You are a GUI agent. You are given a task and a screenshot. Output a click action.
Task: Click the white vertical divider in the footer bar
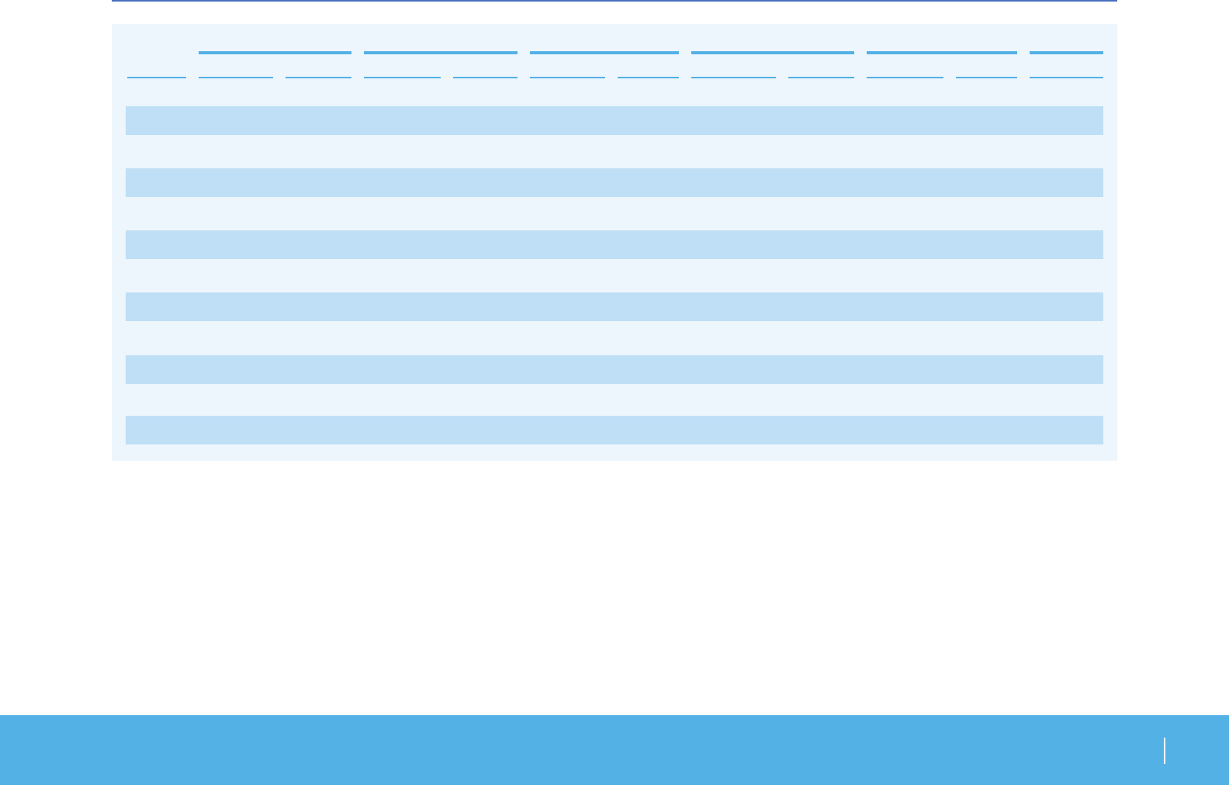tap(1165, 751)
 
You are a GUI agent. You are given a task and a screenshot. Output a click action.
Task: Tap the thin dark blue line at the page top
tap(614, 1)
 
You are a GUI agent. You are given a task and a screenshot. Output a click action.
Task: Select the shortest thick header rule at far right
tap(1066, 53)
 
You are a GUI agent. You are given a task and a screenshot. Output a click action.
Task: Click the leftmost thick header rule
tap(275, 53)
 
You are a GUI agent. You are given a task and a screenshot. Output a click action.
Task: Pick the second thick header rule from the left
tap(441, 53)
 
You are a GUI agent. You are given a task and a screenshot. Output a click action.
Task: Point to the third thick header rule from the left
tap(604, 53)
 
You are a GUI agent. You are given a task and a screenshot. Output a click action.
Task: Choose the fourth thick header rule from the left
tap(772, 53)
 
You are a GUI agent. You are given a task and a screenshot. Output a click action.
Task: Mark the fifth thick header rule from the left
tap(941, 53)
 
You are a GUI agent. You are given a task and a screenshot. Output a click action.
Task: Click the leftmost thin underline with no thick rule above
tap(157, 78)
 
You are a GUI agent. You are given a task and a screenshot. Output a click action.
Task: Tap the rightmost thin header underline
tap(1066, 78)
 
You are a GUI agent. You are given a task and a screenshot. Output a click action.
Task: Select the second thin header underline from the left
tap(236, 78)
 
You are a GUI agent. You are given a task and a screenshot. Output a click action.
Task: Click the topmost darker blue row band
tap(614, 120)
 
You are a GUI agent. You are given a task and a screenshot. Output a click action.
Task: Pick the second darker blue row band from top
tap(614, 182)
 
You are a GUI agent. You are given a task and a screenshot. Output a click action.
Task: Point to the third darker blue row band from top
tap(614, 244)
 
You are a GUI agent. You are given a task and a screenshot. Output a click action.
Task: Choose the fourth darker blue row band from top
tap(614, 306)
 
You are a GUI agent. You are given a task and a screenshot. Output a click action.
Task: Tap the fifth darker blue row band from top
tap(614, 369)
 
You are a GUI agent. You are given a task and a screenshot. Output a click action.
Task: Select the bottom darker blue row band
tap(614, 430)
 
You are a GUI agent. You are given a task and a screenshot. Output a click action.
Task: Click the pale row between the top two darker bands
tap(614, 151)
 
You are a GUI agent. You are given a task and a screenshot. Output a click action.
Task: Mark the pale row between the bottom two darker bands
tap(614, 399)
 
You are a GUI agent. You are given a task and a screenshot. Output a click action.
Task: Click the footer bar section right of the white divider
tap(1196, 751)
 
